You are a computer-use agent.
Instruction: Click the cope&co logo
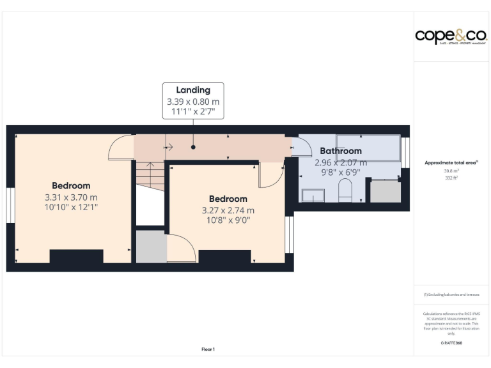(451, 36)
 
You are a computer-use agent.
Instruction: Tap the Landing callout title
(193, 90)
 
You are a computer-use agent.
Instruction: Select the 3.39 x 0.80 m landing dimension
(193, 102)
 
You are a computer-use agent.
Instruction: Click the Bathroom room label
(341, 151)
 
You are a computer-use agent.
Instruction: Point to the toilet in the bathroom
(345, 190)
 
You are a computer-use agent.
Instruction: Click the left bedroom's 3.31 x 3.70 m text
(71, 197)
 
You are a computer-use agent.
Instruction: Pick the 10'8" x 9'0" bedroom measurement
(228, 220)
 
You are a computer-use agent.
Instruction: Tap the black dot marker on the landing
(192, 146)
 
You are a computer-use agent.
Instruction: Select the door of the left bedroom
(121, 148)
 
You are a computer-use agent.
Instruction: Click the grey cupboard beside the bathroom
(386, 192)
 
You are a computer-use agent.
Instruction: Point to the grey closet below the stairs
(151, 246)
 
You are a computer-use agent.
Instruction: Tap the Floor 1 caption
(208, 349)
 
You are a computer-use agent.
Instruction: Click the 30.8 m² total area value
(451, 171)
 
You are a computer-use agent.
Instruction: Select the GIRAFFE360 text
(451, 344)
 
